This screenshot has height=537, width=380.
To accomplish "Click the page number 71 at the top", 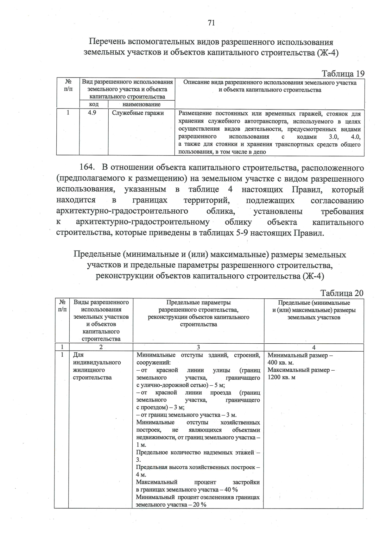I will [212, 23].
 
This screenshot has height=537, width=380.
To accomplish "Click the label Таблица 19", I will [343, 74].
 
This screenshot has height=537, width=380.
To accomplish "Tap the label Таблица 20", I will [342, 293].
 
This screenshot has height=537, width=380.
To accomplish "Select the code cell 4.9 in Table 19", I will [92, 113].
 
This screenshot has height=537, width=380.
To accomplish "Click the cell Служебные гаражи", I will [138, 113].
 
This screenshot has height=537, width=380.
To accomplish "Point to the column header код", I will [94, 104].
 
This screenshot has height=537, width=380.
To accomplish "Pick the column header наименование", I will [141, 104].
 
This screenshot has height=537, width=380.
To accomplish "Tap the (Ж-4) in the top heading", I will [327, 53].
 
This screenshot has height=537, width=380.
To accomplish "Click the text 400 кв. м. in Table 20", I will [281, 362].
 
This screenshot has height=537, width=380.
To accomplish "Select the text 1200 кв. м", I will [282, 377].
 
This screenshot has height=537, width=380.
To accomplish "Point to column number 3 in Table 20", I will [198, 347].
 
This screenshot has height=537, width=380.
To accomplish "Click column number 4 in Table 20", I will [313, 347].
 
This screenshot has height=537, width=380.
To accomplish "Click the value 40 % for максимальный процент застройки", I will [231, 490].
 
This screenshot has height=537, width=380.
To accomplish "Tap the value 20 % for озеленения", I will [199, 504].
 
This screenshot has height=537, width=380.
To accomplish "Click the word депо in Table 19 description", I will [259, 152].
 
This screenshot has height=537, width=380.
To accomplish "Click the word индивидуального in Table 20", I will [97, 362].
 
